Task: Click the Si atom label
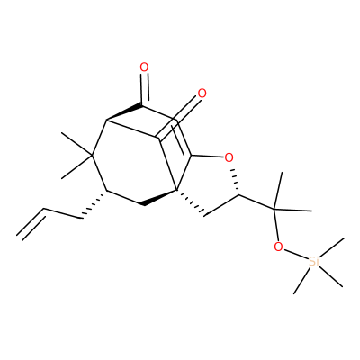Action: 313,261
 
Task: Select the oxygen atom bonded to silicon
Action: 278,247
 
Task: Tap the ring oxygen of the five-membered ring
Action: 229,157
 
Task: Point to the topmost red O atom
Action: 144,67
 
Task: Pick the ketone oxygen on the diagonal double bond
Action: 202,94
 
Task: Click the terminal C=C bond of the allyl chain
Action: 31,223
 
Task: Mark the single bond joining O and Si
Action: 295,254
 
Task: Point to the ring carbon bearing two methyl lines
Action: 92,156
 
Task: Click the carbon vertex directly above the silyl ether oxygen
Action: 274,209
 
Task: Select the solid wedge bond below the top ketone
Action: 124,112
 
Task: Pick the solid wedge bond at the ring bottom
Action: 159,198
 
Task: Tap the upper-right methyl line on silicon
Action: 332,247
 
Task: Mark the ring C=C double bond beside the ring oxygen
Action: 182,139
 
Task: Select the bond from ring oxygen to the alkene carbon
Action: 208,157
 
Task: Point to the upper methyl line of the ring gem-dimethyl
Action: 76,144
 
